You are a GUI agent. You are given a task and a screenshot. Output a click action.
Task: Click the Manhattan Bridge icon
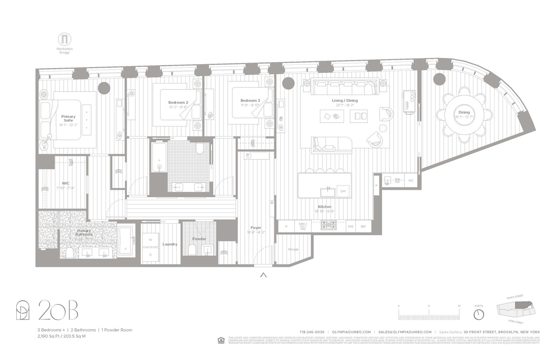pyautogui.click(x=64, y=39)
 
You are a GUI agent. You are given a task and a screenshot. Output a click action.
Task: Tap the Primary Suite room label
pyautogui.click(x=68, y=118)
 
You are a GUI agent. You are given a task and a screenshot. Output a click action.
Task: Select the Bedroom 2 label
pyautogui.click(x=178, y=103)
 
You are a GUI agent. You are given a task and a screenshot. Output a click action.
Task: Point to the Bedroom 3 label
pyautogui.click(x=250, y=100)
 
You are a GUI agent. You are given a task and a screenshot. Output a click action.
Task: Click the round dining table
pyautogui.click(x=464, y=114)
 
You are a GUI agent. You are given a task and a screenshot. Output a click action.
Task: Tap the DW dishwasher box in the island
pyautogui.click(x=343, y=191)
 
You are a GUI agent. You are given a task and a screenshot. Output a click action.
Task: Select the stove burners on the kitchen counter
pyautogui.click(x=328, y=225)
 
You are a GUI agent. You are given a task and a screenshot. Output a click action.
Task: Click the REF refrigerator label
pyautogui.click(x=363, y=227)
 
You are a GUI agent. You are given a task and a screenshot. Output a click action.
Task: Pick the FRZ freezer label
pyautogui.click(x=350, y=227)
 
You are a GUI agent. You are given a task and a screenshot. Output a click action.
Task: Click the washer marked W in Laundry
pyautogui.click(x=150, y=240)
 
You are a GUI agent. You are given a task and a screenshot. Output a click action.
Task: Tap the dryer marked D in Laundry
pyautogui.click(x=150, y=255)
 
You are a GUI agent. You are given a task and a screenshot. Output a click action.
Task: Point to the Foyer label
pyautogui.click(x=256, y=228)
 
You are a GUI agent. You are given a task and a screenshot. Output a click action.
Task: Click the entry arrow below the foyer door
pyautogui.click(x=264, y=275)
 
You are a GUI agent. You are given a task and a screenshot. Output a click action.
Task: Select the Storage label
pyautogui.click(x=293, y=249)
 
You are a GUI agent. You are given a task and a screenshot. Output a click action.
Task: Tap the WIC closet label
pyautogui.click(x=66, y=183)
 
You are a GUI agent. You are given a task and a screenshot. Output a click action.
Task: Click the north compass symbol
pyautogui.click(x=479, y=314)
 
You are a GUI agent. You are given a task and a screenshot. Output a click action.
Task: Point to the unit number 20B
pyautogui.click(x=58, y=310)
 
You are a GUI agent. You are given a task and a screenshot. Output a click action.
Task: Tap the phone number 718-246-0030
pyautogui.click(x=312, y=332)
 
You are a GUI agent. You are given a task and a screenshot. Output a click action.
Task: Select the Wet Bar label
pyautogui.click(x=397, y=181)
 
